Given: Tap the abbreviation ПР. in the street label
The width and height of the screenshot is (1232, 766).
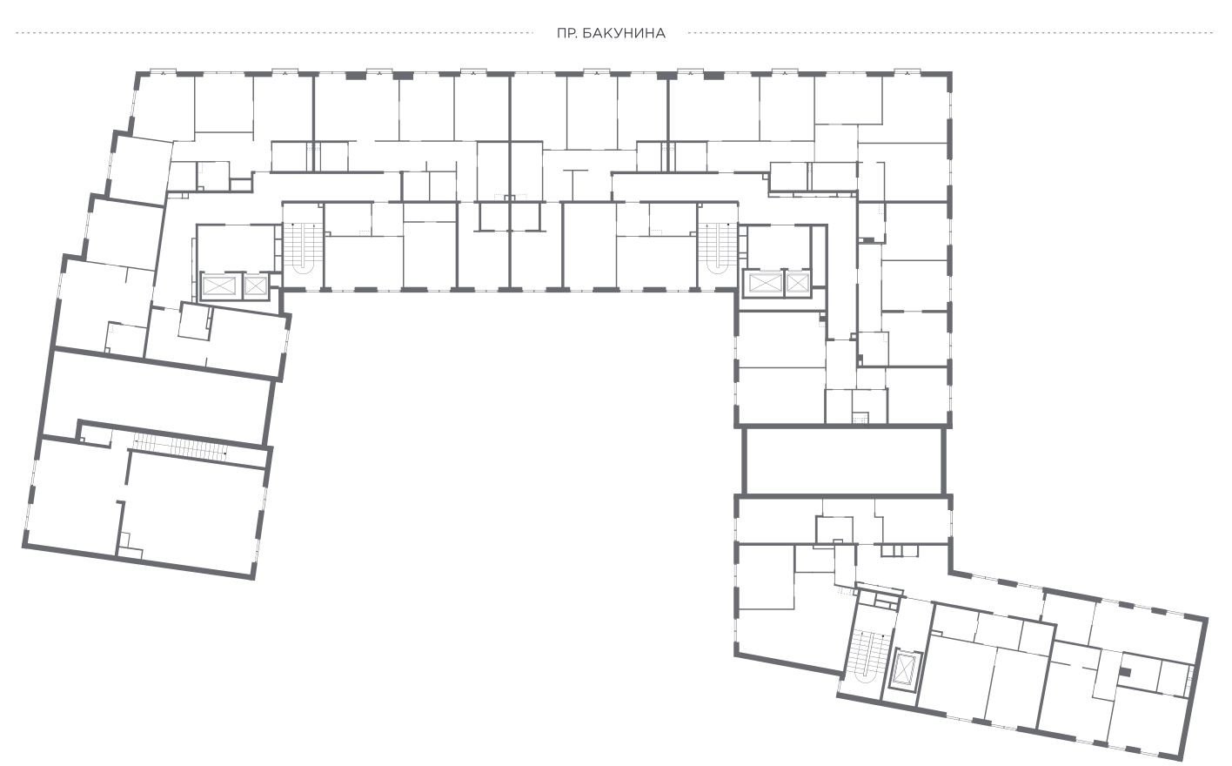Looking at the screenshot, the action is (x=566, y=34).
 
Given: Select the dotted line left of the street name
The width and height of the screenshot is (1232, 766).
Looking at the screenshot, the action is (x=274, y=33).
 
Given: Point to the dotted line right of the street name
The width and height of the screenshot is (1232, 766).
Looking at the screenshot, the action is (x=951, y=33).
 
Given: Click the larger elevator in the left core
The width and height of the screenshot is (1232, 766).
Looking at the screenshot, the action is (x=219, y=286).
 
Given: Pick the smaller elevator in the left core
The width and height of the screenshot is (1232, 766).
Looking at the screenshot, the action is (x=255, y=286).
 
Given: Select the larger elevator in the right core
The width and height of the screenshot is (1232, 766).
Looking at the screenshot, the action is (x=765, y=284).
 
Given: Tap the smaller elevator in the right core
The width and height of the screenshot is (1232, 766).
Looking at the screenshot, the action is (x=798, y=283).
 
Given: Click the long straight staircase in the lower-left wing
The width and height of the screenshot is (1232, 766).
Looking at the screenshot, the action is (x=181, y=446).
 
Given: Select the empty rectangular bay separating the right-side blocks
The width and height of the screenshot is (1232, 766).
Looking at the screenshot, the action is (x=844, y=461).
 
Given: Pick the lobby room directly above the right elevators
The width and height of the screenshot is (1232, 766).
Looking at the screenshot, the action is (x=779, y=246).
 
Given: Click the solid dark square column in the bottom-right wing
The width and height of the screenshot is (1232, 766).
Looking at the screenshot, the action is (x=1126, y=672).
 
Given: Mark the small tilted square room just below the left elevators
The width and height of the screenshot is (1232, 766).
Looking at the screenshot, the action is (x=195, y=321).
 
